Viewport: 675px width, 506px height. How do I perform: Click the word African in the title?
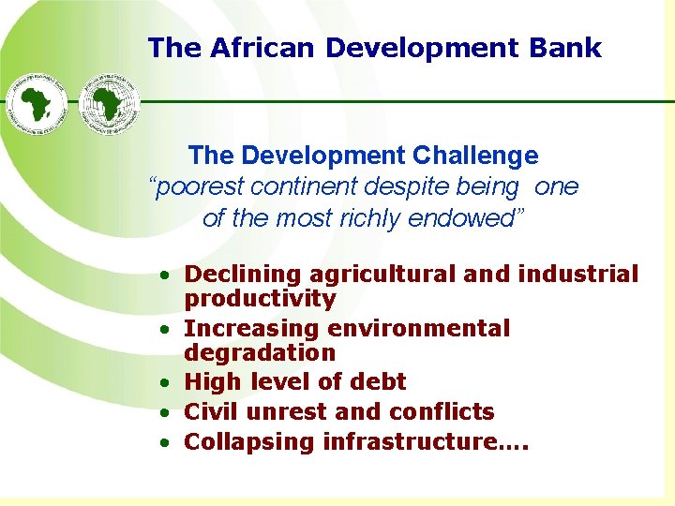254,48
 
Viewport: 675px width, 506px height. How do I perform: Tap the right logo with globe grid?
110,102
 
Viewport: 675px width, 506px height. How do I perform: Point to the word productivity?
260,299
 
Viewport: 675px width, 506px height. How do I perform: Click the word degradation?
260,353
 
